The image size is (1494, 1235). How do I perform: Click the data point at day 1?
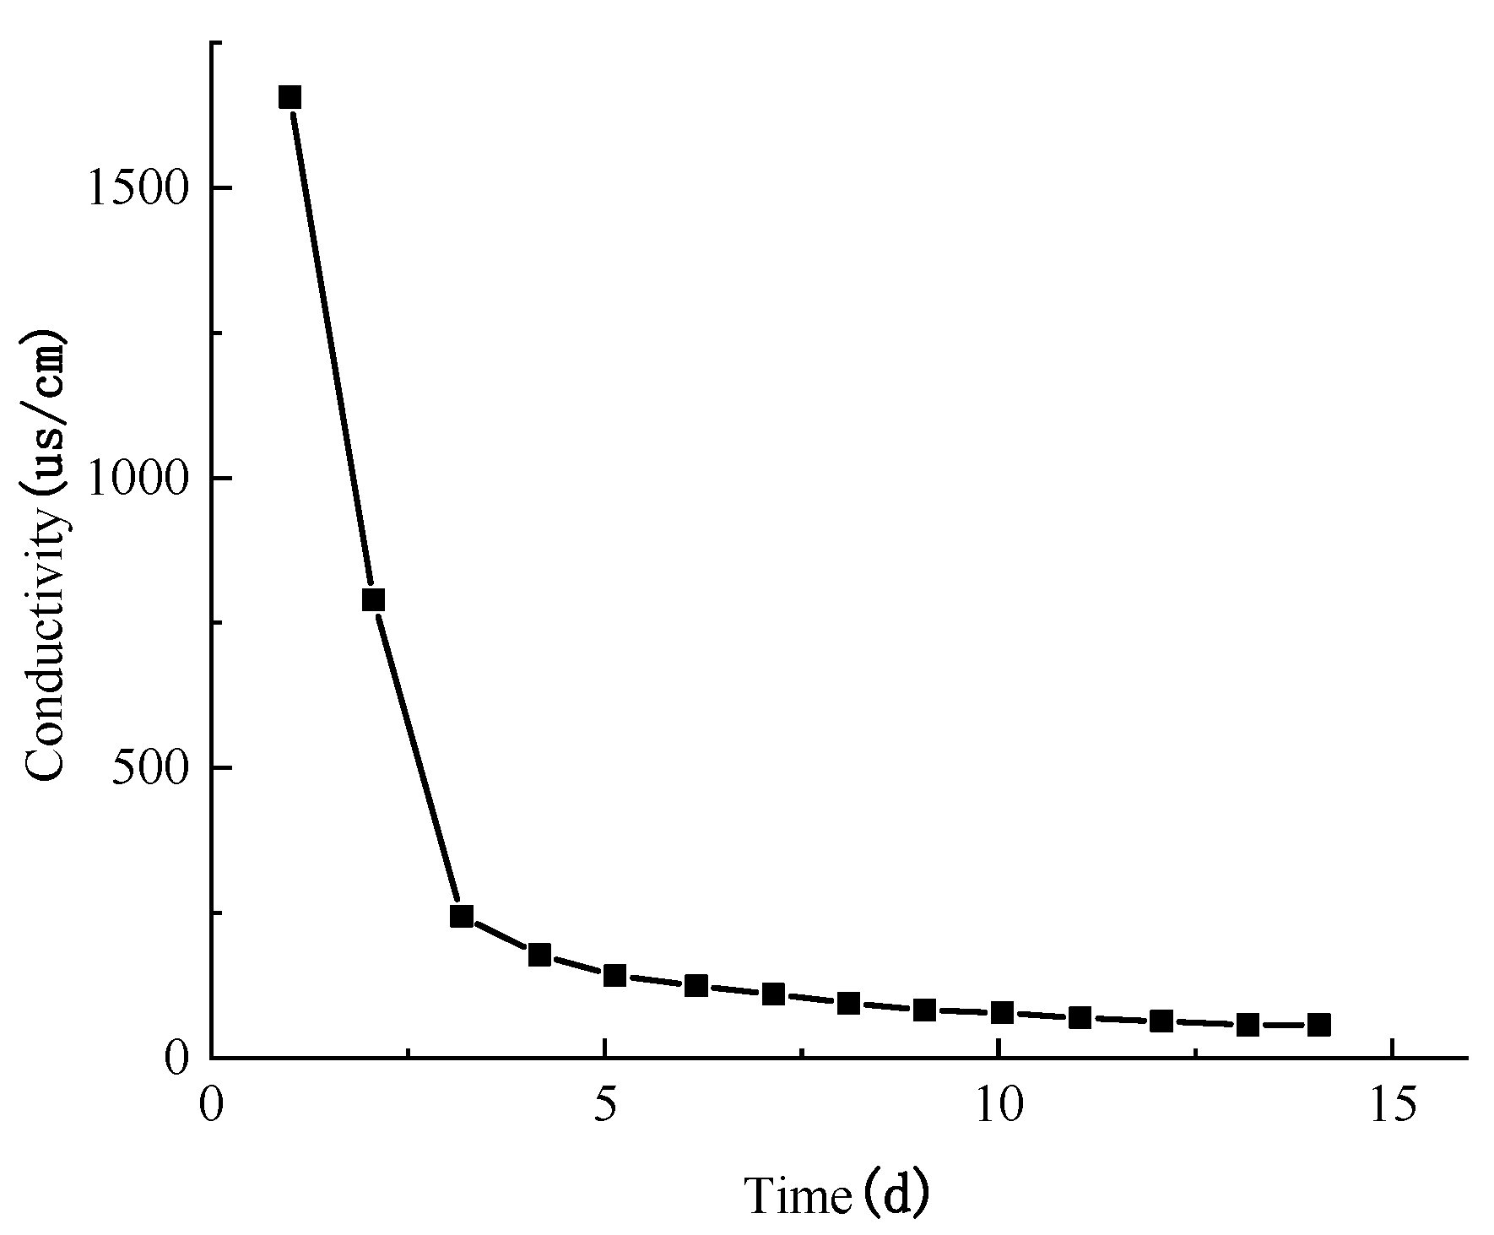click(x=290, y=97)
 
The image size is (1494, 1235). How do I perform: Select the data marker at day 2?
click(x=373, y=599)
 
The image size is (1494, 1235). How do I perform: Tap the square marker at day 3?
click(x=461, y=916)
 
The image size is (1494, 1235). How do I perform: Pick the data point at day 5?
click(x=614, y=975)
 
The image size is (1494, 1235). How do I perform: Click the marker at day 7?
click(x=773, y=994)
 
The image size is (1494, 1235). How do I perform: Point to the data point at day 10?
click(x=1002, y=1012)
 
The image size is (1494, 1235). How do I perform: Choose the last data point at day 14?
click(x=1318, y=1025)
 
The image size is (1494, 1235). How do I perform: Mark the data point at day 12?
click(x=1161, y=1021)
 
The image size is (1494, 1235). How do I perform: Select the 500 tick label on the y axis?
click(x=151, y=768)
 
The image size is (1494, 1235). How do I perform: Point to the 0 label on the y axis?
click(x=176, y=1058)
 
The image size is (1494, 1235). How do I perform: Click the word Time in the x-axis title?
click(x=798, y=1195)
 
